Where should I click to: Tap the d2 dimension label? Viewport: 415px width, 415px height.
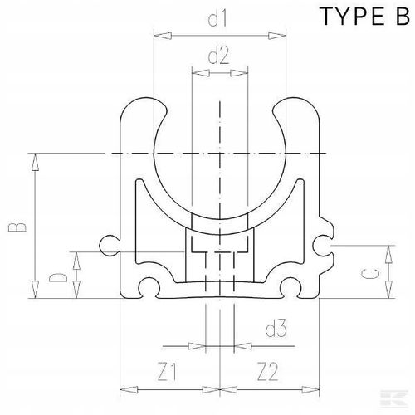pyautogui.click(x=219, y=56)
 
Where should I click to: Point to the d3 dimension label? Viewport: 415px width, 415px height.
pyautogui.click(x=276, y=330)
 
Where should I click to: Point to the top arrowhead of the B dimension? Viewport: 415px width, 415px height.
pyautogui.click(x=36, y=158)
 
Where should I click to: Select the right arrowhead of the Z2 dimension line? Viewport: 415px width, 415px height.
pyautogui.click(x=315, y=388)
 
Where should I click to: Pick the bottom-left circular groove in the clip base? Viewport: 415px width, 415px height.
pyautogui.click(x=148, y=287)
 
